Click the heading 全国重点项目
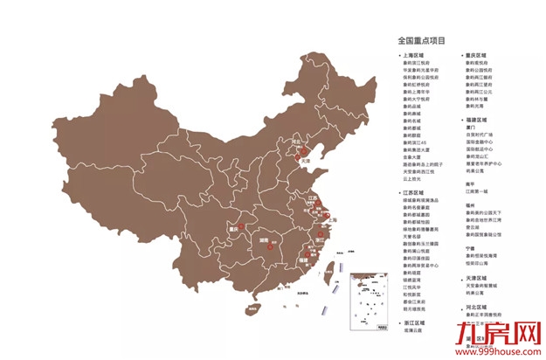point(421,40)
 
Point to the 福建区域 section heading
point(476,119)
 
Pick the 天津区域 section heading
point(476,278)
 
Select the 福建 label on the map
point(302,260)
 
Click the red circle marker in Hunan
point(270,248)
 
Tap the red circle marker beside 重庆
point(245,226)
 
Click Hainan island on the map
point(254,308)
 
